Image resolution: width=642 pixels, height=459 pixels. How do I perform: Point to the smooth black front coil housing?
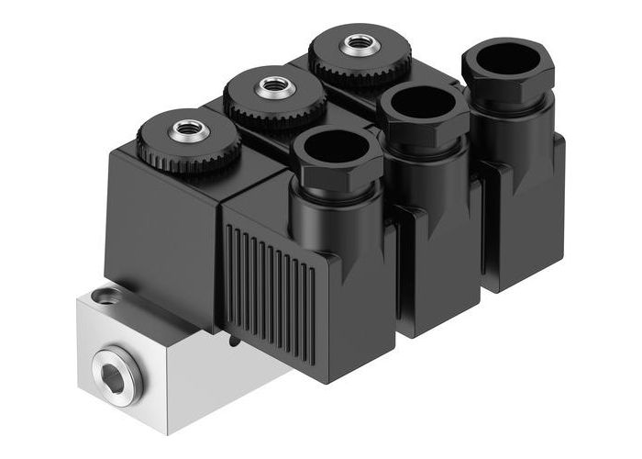pyautogui.click(x=165, y=229)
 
